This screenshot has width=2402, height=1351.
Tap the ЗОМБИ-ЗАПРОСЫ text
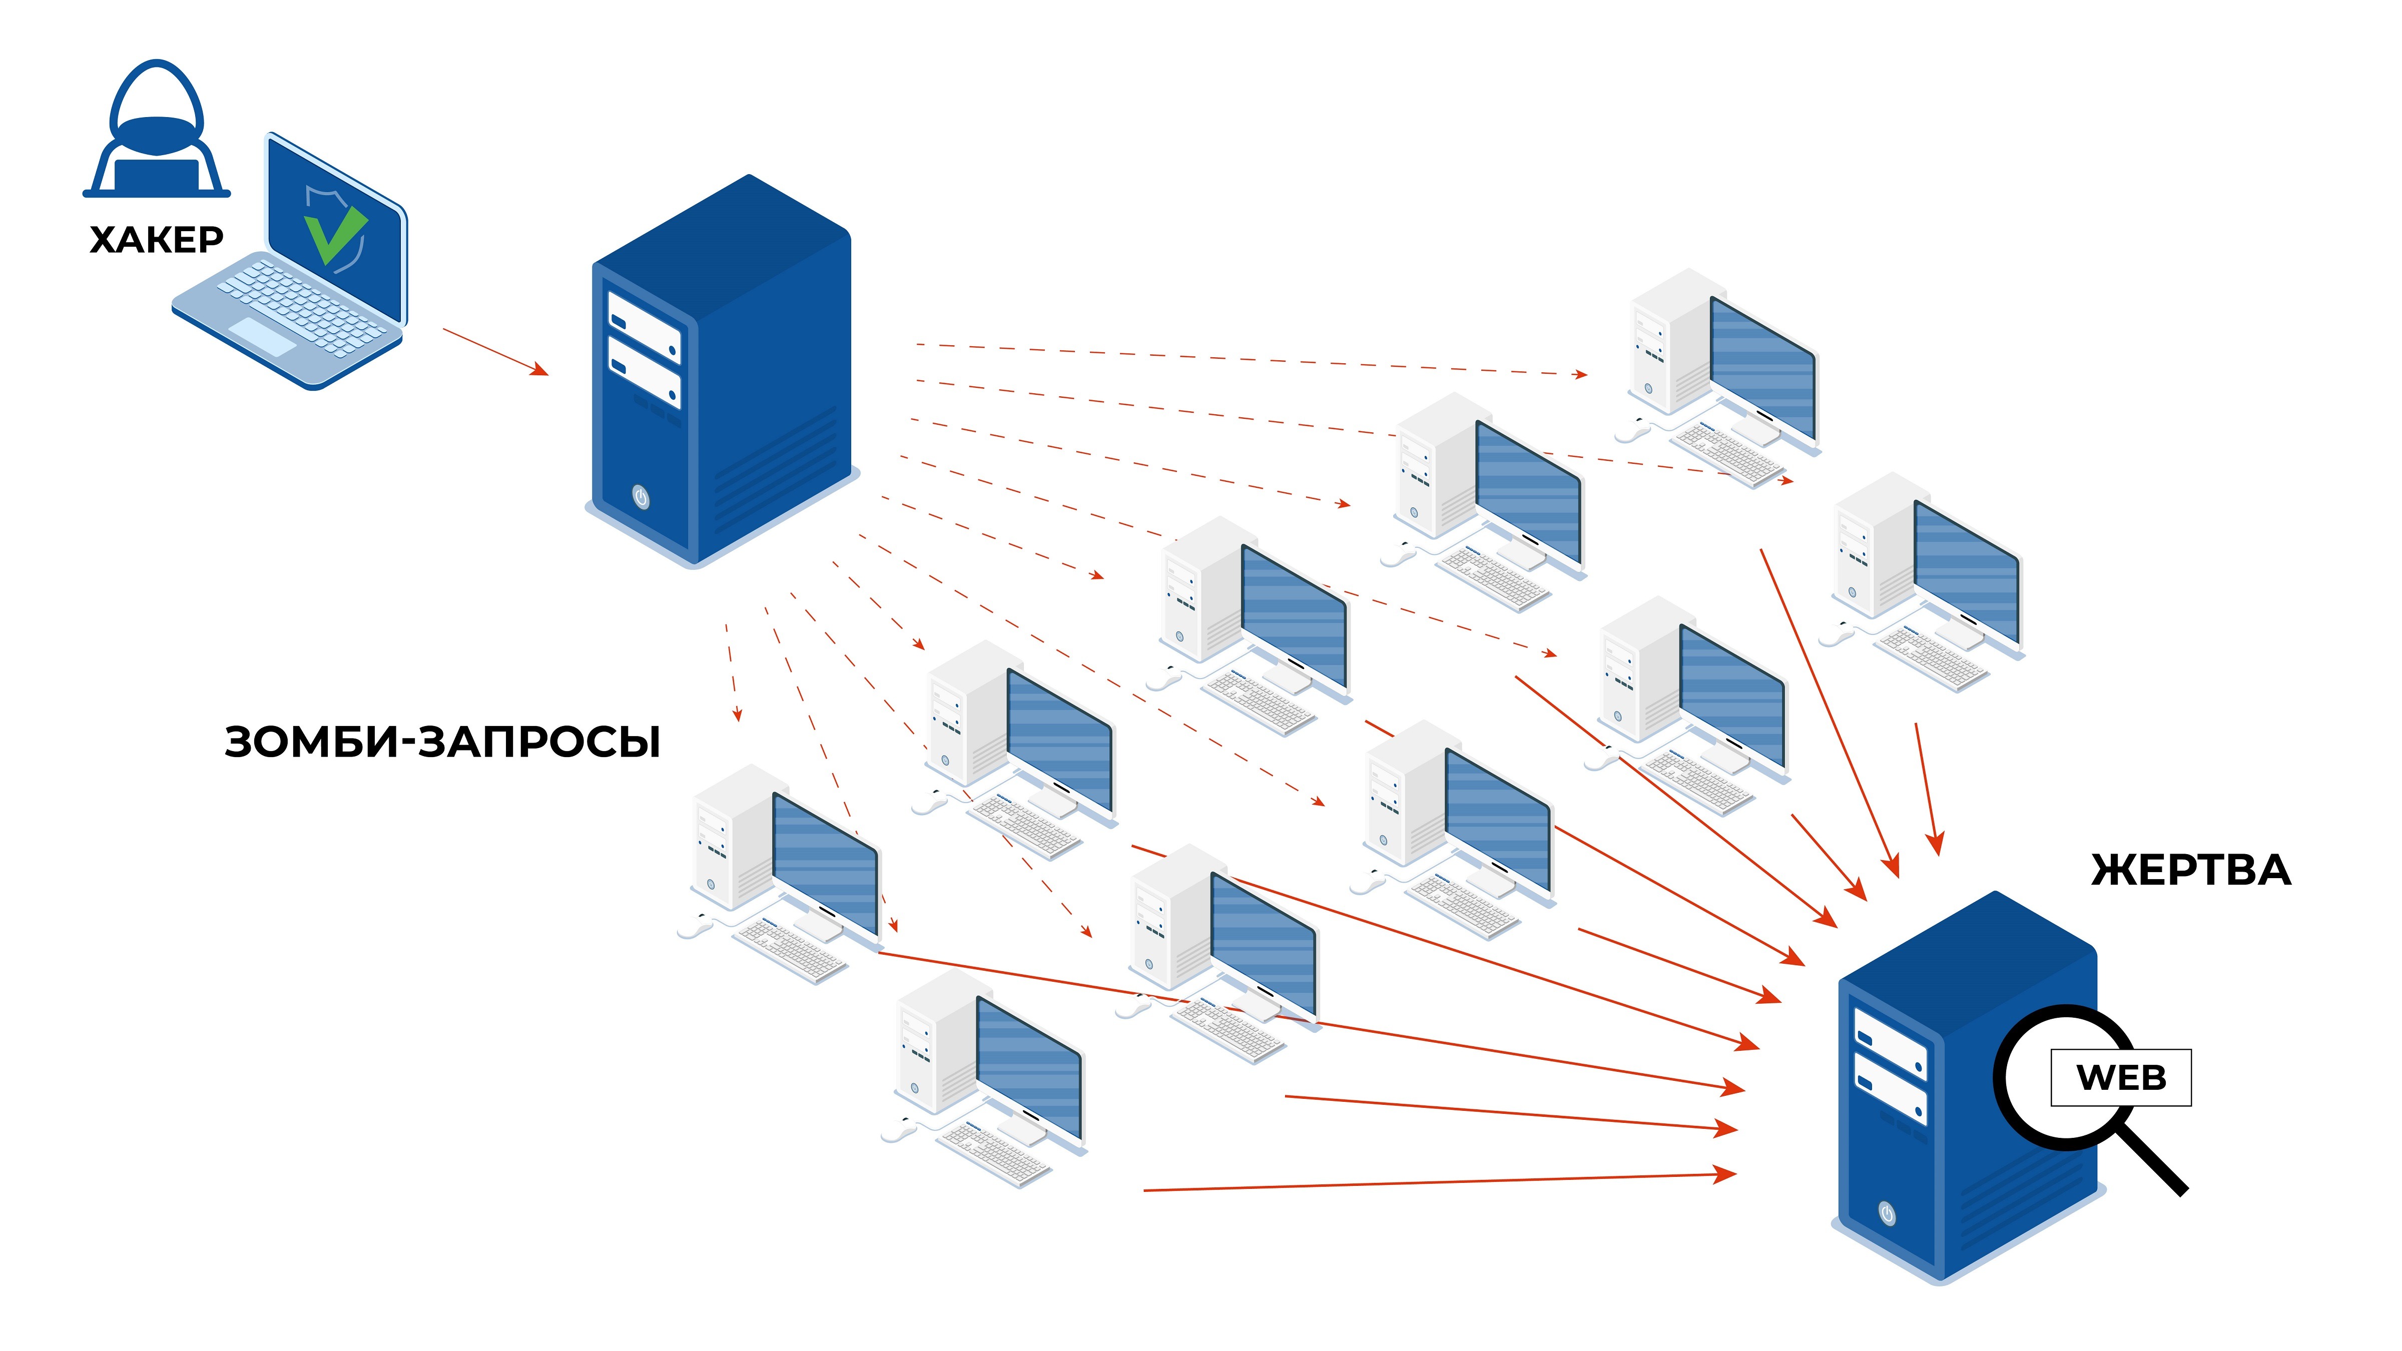tap(442, 742)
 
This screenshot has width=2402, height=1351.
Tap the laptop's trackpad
tap(262, 336)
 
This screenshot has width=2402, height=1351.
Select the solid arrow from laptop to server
tap(494, 351)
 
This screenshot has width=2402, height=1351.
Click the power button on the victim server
tap(1887, 1214)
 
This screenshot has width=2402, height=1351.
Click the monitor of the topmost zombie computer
tap(1762, 368)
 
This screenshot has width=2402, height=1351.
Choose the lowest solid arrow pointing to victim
tap(1436, 1182)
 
